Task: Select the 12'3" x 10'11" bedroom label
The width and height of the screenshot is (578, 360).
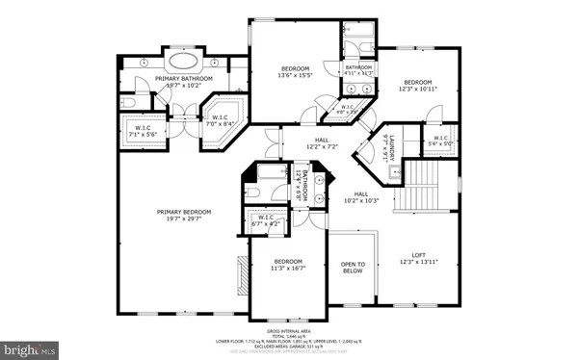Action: click(416, 86)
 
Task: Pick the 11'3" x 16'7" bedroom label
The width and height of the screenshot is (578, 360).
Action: click(287, 266)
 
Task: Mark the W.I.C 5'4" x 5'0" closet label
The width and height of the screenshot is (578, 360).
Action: click(440, 141)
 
